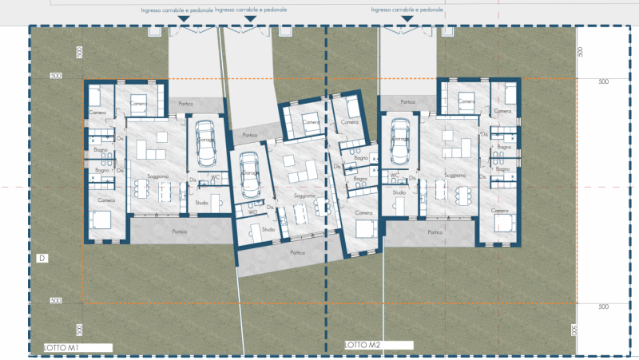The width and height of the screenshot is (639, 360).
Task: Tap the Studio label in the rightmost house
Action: [399, 192]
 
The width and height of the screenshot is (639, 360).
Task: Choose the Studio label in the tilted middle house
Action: [268, 230]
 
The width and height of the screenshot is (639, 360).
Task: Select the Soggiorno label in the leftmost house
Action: [157, 176]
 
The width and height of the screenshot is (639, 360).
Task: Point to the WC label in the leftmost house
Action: [215, 177]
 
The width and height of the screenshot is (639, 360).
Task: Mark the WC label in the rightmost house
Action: [395, 175]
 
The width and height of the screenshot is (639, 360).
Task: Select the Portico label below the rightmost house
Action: [435, 232]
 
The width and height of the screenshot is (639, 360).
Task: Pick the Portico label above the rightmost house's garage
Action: [408, 102]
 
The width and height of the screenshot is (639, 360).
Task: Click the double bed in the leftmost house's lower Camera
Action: [101, 221]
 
